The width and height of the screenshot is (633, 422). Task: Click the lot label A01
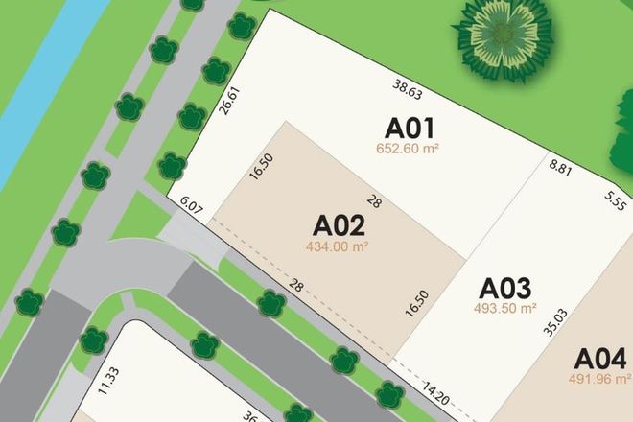point(410,129)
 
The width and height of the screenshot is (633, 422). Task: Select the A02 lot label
point(340,226)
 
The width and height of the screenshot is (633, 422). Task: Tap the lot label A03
point(505,288)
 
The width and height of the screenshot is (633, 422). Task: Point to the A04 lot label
point(600,360)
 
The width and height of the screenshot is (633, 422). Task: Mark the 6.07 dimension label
point(193,204)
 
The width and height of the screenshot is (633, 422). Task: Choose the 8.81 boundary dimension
point(561,169)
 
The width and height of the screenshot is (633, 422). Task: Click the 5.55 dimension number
point(615,201)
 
